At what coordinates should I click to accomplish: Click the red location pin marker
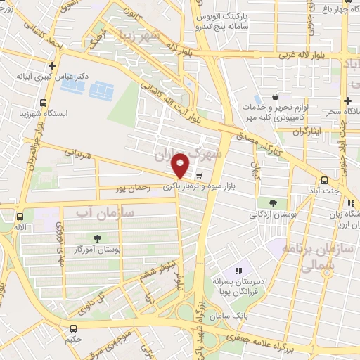click(181, 165)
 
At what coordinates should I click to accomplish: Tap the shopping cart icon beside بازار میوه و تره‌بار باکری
click(200, 176)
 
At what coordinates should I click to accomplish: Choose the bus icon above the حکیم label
click(75, 328)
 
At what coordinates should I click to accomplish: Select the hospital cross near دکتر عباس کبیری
click(51, 65)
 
